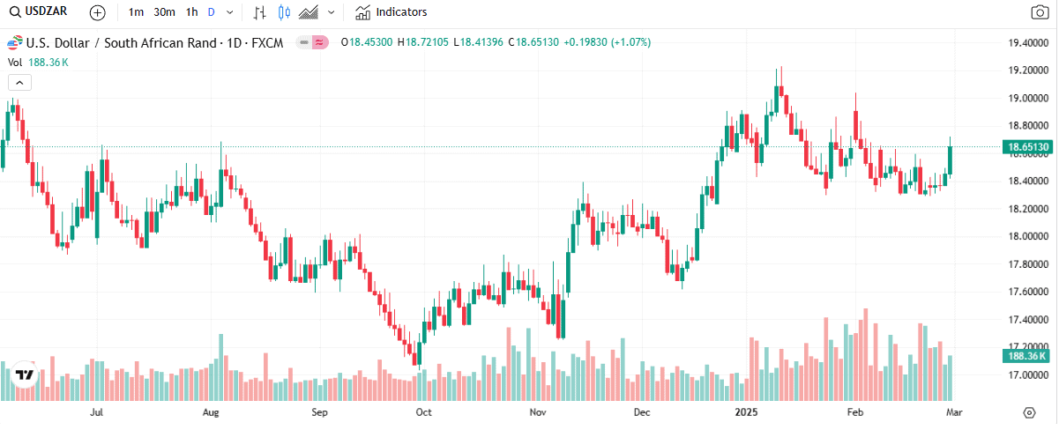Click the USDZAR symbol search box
coord(40,12)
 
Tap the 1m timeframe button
coord(136,12)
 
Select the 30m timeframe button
coord(164,12)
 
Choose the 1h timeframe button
coord(191,12)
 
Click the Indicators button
coord(392,12)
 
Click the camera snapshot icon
coord(1040,12)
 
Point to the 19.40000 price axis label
coord(1028,43)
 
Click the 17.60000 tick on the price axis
coord(1028,292)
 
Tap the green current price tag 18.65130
coord(1028,146)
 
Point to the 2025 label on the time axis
coord(745,411)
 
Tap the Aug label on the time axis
coord(211,411)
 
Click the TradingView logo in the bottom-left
coord(25,374)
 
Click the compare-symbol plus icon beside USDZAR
coord(97,12)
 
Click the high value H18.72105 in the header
coord(423,41)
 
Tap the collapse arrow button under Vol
coord(19,82)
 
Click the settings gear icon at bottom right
coord(1029,411)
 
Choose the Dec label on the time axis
coord(642,411)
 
